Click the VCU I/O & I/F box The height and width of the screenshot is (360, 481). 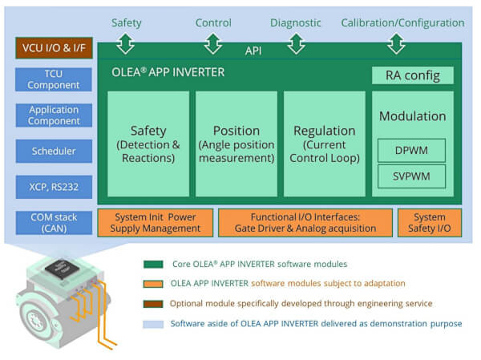54,48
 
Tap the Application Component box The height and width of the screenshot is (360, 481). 54,115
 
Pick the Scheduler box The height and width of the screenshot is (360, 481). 54,151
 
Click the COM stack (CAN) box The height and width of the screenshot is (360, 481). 54,222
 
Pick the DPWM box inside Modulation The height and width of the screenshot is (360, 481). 412,150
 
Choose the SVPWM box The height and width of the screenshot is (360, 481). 412,176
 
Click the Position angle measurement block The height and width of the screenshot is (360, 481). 236,144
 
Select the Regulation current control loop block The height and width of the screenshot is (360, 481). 325,144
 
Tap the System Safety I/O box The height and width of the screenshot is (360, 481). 430,222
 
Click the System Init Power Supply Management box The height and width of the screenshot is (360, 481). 156,222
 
